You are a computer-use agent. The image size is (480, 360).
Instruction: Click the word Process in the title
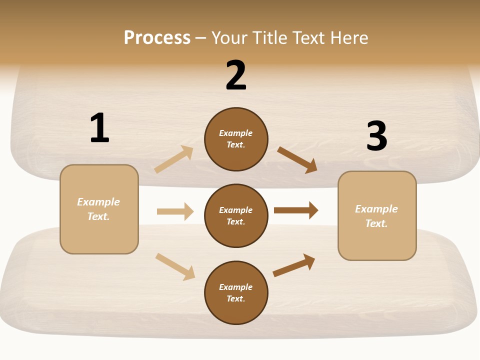pos(157,38)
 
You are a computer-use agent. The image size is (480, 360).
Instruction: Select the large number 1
pos(99,128)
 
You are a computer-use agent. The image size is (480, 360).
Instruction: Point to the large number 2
pos(236,75)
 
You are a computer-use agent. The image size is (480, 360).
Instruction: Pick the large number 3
pos(377,136)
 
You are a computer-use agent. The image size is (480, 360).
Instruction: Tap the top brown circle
pos(236,139)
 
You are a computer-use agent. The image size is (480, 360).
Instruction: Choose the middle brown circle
pos(236,215)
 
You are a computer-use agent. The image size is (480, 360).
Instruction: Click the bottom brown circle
pos(236,292)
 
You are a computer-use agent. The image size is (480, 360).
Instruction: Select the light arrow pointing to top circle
pos(173,159)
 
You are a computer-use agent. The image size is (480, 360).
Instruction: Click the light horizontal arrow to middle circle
pos(175,211)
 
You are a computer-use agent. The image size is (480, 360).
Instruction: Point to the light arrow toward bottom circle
pos(175,266)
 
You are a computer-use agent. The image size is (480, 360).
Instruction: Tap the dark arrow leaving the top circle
pos(297,159)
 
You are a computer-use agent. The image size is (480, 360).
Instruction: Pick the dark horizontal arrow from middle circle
pos(296,210)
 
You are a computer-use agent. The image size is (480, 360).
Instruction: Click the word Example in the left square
pos(98,202)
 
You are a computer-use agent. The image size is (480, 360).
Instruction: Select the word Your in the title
pos(228,38)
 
